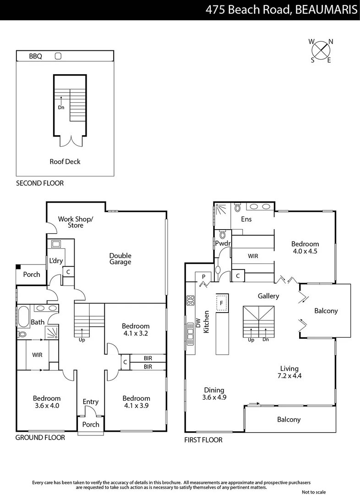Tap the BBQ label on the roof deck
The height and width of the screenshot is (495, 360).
35,56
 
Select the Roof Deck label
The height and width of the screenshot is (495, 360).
65,161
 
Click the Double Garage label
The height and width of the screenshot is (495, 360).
120,259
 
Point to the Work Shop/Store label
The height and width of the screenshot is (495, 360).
76,222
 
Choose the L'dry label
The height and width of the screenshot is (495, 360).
56,261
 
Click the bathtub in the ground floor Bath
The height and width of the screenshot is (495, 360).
22,316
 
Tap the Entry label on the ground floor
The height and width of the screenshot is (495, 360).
91,402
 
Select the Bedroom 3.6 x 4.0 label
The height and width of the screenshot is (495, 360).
46,402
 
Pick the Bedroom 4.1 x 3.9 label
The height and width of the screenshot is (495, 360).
136,402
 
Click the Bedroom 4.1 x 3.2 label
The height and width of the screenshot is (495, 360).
136,330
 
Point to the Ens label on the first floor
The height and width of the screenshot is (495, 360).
246,219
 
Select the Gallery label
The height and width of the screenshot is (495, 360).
268,296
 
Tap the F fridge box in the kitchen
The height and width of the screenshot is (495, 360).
222,303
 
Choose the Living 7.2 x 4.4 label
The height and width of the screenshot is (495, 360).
289,372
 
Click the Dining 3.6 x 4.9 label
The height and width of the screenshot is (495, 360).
214,394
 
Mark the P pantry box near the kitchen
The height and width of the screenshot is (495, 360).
203,277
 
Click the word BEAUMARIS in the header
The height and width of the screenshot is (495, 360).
326,10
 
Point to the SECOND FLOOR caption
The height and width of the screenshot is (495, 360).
40,183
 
